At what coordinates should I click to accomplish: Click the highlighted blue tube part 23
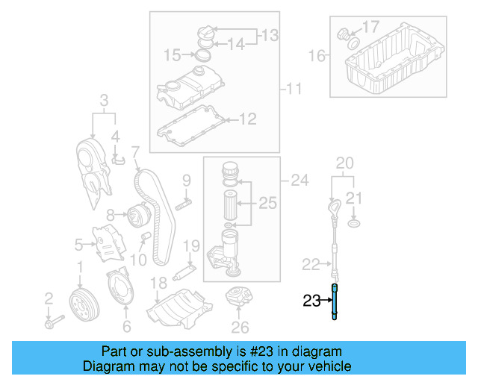(335, 302)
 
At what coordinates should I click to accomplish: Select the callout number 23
(311, 301)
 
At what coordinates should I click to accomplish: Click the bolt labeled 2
(54, 323)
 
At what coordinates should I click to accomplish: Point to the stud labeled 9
(184, 202)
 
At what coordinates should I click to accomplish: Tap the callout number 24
(299, 179)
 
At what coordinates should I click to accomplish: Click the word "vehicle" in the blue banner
(323, 366)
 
